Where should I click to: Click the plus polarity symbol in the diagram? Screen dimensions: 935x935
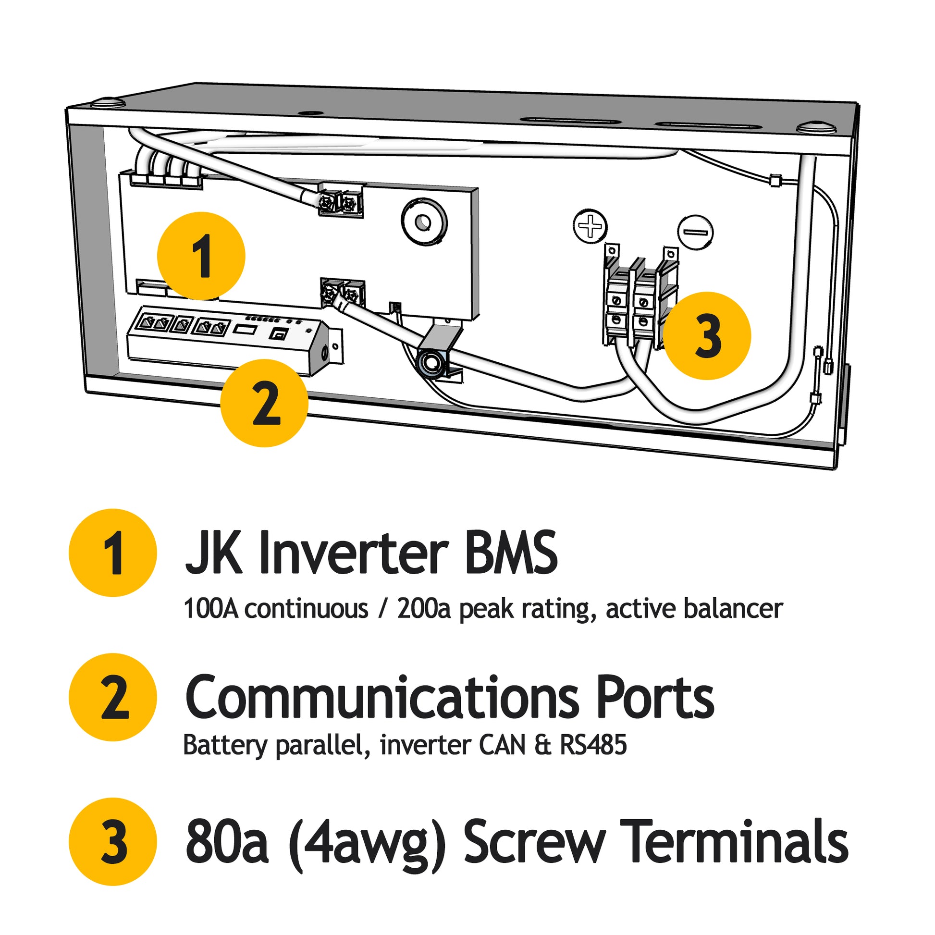[x=590, y=226]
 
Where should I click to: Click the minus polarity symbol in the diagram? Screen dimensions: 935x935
[x=695, y=232]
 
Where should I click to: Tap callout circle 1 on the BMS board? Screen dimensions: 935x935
[x=201, y=256]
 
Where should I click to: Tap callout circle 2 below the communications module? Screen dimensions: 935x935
[x=264, y=403]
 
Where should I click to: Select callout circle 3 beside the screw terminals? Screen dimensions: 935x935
[x=707, y=335]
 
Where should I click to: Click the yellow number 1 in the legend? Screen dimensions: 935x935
[x=113, y=553]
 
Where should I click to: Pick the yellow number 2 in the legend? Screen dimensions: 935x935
[x=113, y=697]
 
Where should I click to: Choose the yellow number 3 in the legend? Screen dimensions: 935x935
[x=113, y=842]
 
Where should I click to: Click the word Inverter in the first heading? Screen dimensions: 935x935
[x=353, y=553]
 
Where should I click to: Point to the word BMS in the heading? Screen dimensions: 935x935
[x=511, y=553]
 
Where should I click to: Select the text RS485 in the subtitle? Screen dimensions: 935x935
[x=593, y=745]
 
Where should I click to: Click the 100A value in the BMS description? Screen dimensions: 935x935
[x=211, y=608]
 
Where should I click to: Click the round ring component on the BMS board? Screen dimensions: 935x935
[x=424, y=221]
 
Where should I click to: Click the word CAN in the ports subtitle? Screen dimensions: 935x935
[x=503, y=745]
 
